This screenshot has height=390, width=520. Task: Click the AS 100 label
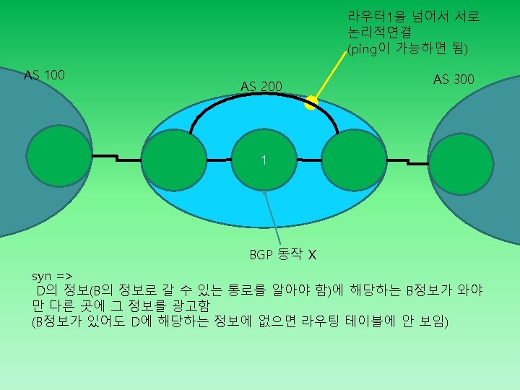tap(44, 75)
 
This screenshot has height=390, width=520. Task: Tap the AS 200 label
tap(261, 87)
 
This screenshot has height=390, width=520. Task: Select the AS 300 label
tap(454, 79)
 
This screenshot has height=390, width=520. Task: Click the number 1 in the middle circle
tap(264, 160)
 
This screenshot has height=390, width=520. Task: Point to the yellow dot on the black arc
tap(311, 103)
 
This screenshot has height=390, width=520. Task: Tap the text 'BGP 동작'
tap(275, 255)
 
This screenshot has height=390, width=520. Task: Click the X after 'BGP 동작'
tap(312, 255)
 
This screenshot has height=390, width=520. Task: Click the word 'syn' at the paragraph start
tap(41, 276)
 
